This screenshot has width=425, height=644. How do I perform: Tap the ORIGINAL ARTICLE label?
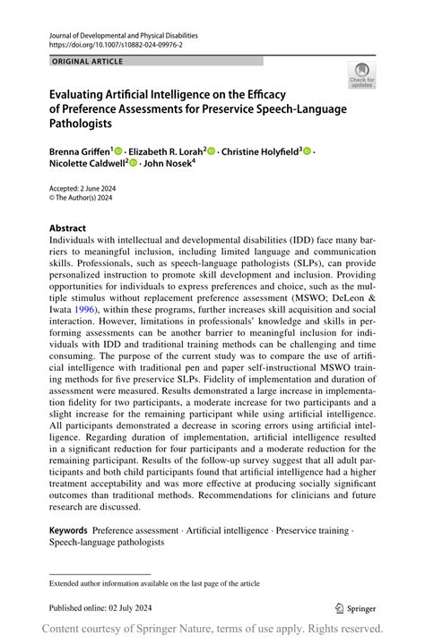tap(88, 62)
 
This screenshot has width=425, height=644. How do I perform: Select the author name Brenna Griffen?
tap(79, 152)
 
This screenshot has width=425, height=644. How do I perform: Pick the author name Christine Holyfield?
tap(259, 152)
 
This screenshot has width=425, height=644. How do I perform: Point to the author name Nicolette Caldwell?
tap(85, 164)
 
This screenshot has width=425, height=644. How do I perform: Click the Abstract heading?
tap(68, 228)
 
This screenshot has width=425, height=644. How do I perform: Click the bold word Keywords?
tap(68, 531)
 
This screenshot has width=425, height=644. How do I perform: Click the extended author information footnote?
tap(154, 583)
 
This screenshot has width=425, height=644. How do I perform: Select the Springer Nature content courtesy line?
tap(212, 629)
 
